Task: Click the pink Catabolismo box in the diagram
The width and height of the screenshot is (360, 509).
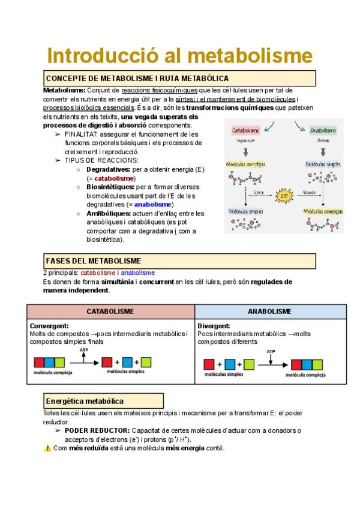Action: [x=245, y=130]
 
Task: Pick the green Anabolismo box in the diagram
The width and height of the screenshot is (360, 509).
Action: [x=323, y=130]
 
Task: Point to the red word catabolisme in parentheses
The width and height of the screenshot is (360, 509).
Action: [x=114, y=178]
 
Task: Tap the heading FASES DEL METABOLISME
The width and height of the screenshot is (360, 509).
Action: [x=94, y=261]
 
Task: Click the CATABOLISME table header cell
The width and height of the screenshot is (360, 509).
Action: [x=110, y=312]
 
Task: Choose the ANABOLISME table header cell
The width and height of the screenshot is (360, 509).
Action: [x=270, y=312]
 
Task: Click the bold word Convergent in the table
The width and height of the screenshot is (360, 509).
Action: [x=49, y=326]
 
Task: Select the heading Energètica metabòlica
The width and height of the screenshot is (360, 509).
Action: [x=85, y=401]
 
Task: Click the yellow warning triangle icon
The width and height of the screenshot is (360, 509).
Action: [x=47, y=448]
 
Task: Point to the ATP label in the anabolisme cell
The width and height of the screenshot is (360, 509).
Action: [x=271, y=352]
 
